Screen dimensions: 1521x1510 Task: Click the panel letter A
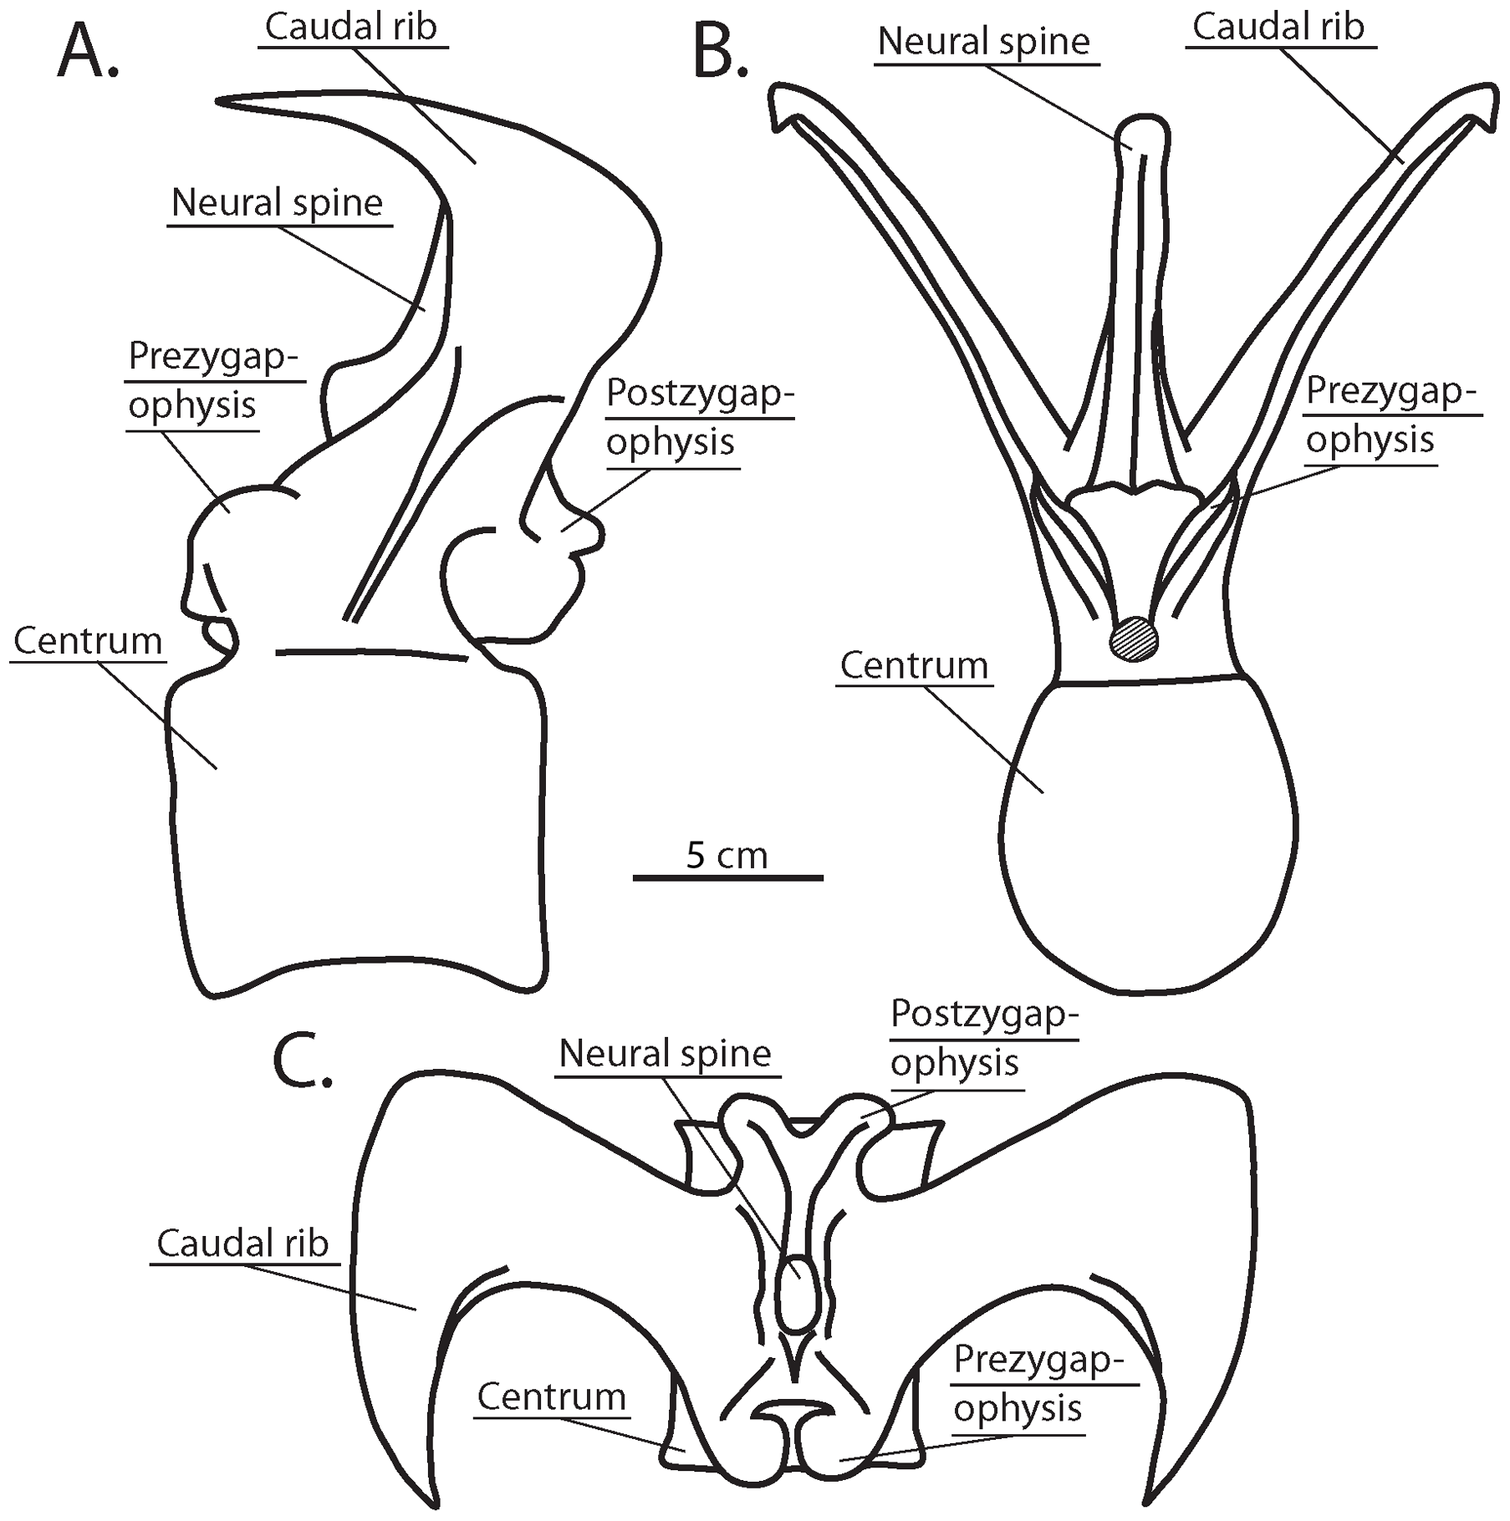(88, 54)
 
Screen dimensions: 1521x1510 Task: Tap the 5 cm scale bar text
(727, 855)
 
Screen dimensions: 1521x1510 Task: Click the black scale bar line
(727, 877)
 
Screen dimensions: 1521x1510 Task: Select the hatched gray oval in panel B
(1134, 639)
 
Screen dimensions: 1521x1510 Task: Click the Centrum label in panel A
(88, 642)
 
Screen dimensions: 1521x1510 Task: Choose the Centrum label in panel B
(914, 666)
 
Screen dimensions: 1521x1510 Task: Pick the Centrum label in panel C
(552, 1396)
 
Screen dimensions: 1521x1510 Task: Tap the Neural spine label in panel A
(277, 203)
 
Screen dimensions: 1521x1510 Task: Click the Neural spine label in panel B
(984, 42)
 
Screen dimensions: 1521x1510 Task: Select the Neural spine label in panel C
(665, 1053)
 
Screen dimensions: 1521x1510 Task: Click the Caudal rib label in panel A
(351, 28)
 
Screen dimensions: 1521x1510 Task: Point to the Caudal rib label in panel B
(1278, 28)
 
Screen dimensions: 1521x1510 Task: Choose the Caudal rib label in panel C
(242, 1244)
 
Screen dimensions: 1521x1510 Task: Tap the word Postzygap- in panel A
(700, 393)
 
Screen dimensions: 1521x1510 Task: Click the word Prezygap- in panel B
(1392, 390)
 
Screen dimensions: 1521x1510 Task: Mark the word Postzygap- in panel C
(984, 1015)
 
